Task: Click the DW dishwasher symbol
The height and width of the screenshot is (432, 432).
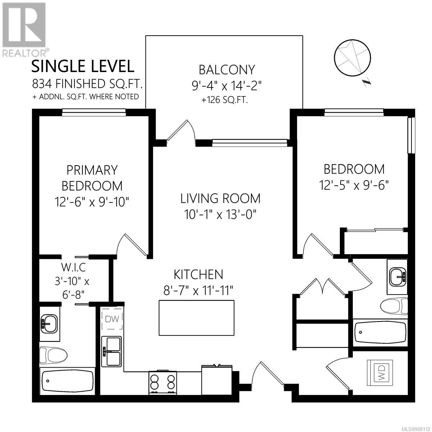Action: point(112,319)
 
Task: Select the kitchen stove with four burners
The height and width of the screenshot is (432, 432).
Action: point(163,382)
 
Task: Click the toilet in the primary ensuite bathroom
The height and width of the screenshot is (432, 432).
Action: point(53,355)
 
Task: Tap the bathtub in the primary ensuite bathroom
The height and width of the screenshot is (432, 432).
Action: point(67,381)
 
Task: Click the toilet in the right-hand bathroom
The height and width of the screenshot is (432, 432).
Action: point(394,306)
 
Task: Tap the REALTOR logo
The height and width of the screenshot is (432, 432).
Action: point(24,30)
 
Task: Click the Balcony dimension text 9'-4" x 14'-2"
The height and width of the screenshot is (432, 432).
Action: point(227,86)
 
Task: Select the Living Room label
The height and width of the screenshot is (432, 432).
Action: point(220,198)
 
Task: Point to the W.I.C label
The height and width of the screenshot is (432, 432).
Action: point(73,267)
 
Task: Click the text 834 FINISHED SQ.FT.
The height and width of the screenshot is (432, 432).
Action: point(88,84)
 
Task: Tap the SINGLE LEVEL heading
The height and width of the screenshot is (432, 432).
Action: point(83,66)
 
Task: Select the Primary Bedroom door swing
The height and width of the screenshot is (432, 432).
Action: point(132,245)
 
